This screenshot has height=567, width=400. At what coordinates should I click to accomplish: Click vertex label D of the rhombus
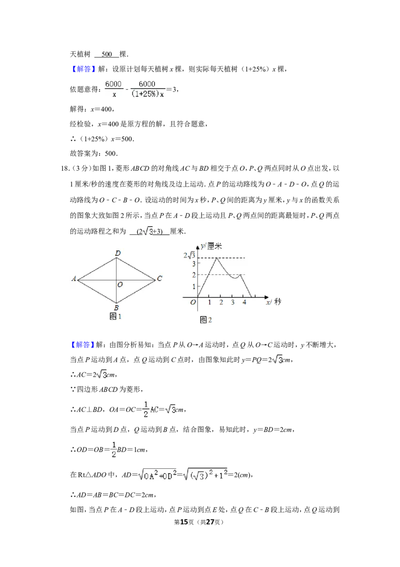tap(117, 253)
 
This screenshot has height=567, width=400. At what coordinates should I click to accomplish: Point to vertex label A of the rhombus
tap(74, 278)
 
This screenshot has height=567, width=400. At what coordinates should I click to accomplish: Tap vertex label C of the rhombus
tap(159, 278)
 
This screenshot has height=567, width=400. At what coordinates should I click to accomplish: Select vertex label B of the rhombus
tap(116, 308)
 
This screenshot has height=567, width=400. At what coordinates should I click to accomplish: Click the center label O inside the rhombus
tap(120, 285)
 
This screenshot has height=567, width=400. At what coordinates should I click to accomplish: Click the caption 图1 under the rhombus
tap(115, 317)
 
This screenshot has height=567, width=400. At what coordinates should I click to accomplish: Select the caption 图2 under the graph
tap(206, 320)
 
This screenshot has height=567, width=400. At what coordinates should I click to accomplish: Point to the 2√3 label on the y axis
tap(189, 255)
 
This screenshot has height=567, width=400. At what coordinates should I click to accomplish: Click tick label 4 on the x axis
tap(244, 303)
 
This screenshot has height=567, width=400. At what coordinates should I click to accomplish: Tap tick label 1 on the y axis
tap(194, 287)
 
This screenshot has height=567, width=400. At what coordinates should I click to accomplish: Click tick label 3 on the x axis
tap(233, 303)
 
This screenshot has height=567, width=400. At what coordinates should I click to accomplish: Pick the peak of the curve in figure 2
tap(216, 258)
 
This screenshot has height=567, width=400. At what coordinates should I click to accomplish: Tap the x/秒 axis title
tap(273, 302)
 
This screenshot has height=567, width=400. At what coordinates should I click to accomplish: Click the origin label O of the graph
tap(193, 303)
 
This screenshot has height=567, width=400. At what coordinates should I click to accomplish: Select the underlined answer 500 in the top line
tap(107, 54)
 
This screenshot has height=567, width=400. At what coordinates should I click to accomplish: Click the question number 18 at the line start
tap(65, 168)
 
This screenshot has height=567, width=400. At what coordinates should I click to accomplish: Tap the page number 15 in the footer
tap(184, 522)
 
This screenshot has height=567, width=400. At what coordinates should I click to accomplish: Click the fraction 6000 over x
tap(113, 89)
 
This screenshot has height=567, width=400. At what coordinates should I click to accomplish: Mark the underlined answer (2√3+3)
tap(149, 231)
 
